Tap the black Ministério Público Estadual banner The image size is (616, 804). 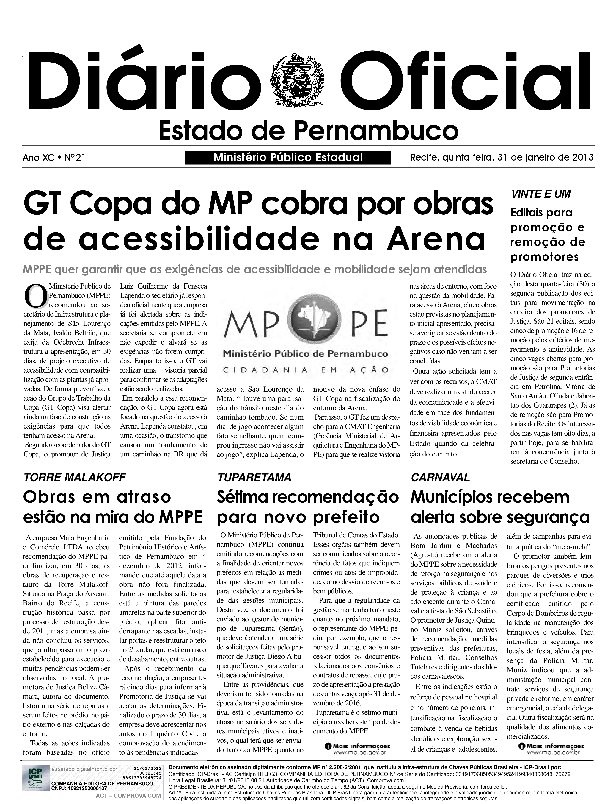tap(288, 158)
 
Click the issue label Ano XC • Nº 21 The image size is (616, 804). tap(54, 158)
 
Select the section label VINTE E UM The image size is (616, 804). tap(541, 194)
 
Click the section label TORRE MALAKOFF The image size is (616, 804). tap(74, 477)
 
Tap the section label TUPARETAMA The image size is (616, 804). tap(254, 477)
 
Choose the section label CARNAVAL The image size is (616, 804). tap(440, 477)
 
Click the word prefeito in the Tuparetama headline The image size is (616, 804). tap(346, 517)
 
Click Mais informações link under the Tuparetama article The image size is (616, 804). tap(358, 746)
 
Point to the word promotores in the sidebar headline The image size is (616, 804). tap(544, 257)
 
